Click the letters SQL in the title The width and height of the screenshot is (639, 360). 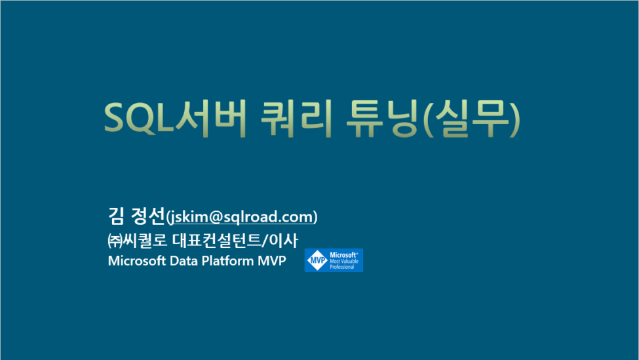(139, 118)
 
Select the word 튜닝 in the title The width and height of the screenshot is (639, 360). (382, 118)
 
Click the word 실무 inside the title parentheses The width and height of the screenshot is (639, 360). (471, 118)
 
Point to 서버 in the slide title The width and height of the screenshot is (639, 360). (210, 118)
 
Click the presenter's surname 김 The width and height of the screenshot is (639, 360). (116, 216)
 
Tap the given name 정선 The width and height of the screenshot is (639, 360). (148, 216)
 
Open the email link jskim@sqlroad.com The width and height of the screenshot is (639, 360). (242, 217)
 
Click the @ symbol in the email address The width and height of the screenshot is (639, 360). (216, 217)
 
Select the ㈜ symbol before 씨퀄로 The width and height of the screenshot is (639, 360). (115, 241)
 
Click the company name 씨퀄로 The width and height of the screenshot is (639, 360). (145, 240)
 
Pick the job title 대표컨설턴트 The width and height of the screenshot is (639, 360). (216, 240)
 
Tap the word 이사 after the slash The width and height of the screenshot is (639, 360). (283, 240)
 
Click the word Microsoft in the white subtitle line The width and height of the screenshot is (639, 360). (137, 260)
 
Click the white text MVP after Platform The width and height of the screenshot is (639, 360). (272, 260)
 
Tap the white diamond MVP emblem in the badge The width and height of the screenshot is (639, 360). (317, 260)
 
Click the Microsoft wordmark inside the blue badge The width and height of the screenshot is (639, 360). (343, 255)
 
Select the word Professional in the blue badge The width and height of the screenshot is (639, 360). (342, 267)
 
